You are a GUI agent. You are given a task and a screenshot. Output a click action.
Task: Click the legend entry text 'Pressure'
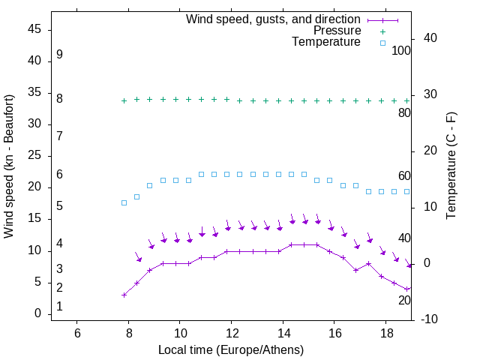[x=337, y=31]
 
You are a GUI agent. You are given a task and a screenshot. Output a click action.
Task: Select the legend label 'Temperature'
[x=326, y=42]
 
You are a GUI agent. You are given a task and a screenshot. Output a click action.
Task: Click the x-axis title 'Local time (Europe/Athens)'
[x=231, y=349]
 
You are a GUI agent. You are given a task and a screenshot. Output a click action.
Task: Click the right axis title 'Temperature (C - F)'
[x=451, y=166]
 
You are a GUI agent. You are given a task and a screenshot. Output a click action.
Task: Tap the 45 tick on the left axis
[x=34, y=30]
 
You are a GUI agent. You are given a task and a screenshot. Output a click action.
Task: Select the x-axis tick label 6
[x=77, y=332]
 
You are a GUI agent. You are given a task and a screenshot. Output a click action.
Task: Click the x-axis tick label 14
[x=283, y=332]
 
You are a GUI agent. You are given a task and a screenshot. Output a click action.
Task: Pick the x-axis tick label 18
[x=385, y=332]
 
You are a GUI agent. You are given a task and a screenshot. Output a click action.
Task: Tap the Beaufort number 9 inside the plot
[x=59, y=55]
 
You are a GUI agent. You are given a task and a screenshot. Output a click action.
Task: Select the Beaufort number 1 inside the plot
[x=59, y=307]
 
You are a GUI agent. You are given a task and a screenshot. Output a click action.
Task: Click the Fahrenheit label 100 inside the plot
[x=402, y=51]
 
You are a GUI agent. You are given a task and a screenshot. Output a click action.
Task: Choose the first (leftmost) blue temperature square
[x=124, y=202]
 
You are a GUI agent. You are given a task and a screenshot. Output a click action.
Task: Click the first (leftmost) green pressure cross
[x=124, y=100]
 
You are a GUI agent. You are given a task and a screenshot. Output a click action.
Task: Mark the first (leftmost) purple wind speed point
[x=124, y=295]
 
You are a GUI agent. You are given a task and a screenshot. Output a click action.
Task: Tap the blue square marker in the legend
[x=382, y=43]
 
